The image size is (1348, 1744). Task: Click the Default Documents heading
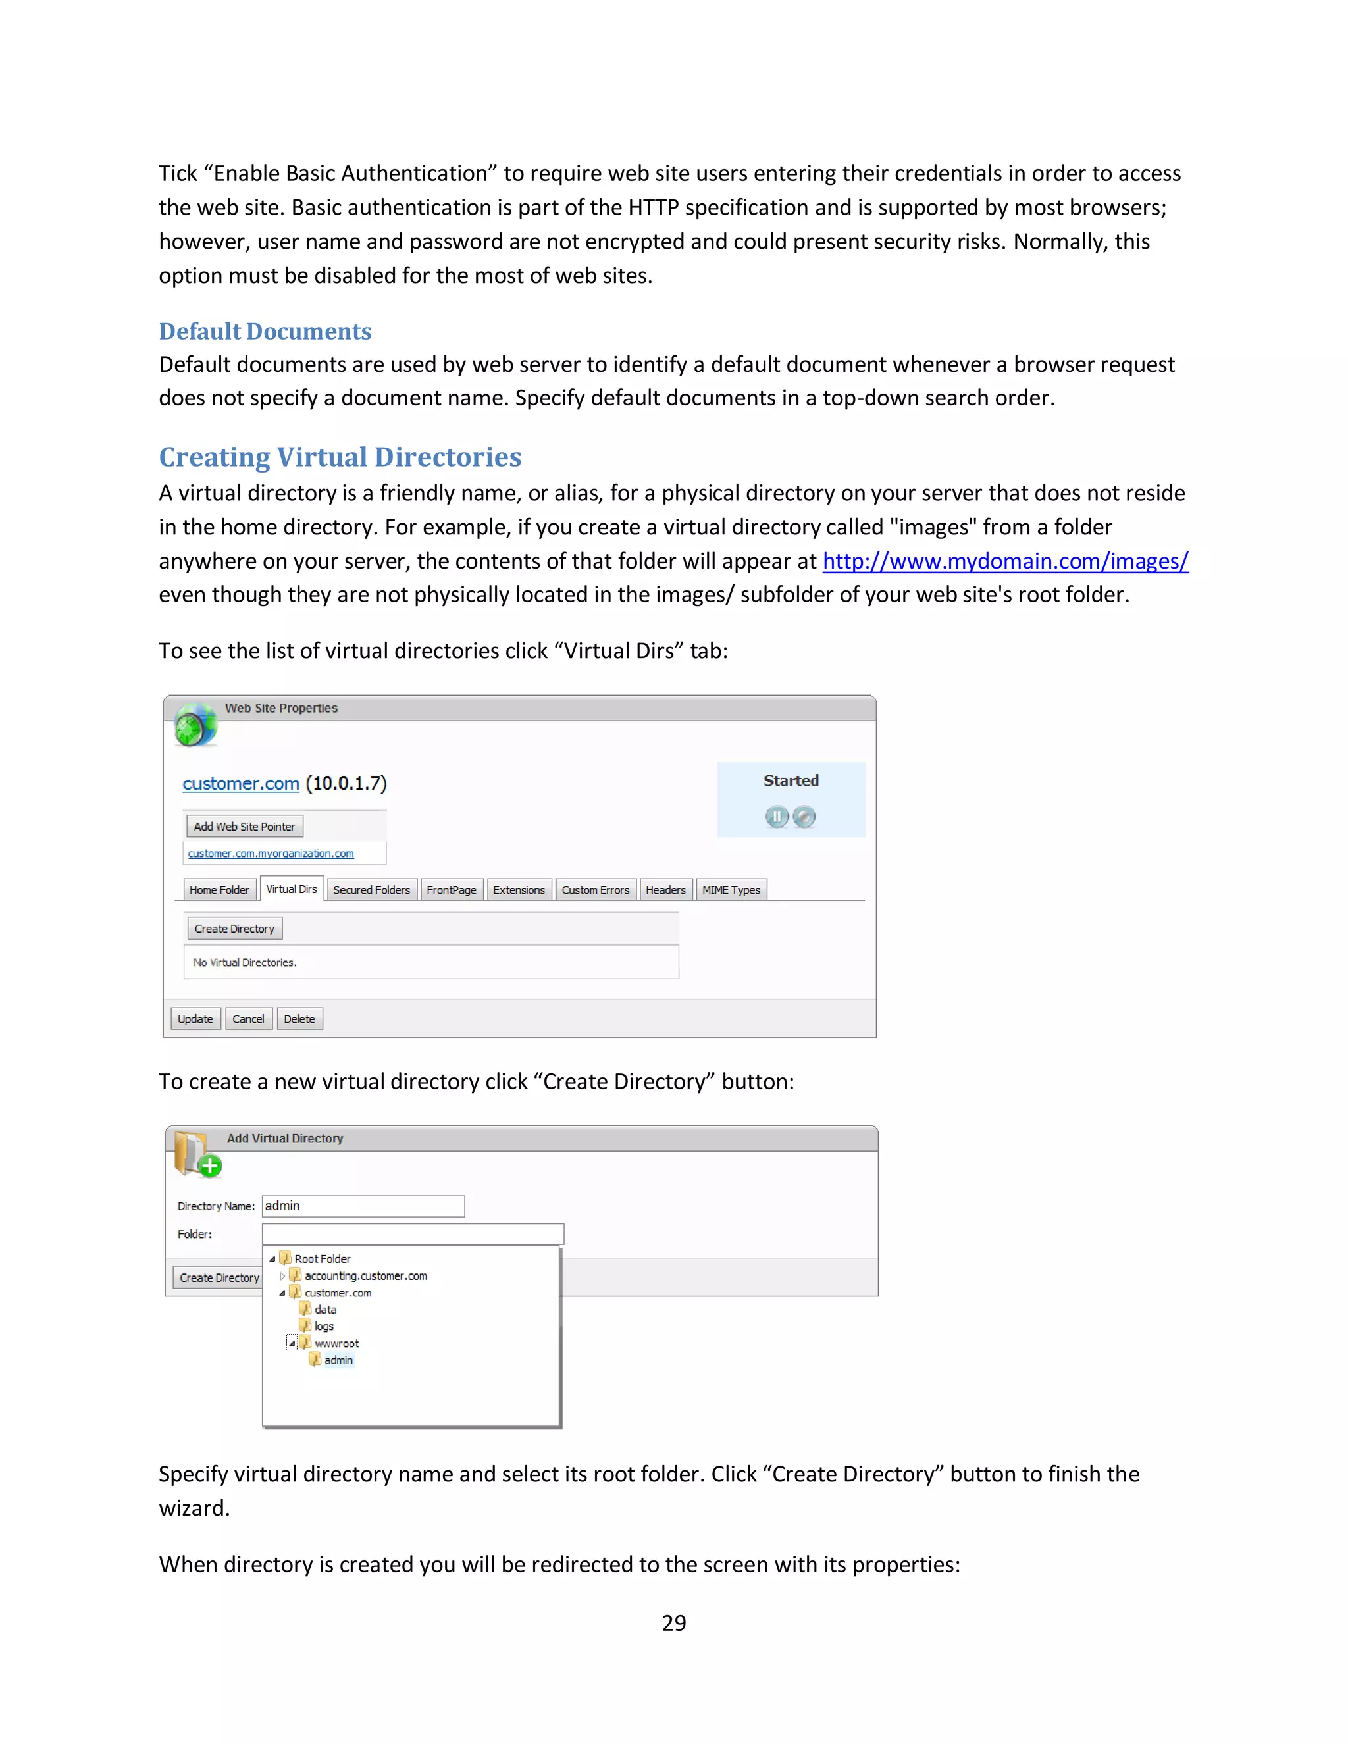point(265,332)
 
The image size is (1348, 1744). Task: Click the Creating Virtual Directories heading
point(340,457)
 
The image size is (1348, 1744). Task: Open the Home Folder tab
point(219,890)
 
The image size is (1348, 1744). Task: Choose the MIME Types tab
point(731,890)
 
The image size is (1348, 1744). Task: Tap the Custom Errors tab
point(595,890)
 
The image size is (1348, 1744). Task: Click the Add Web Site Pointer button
point(244,827)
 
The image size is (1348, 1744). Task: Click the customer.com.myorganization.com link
point(271,854)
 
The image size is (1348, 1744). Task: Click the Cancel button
point(248,1019)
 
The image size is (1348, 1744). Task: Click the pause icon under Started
point(776,816)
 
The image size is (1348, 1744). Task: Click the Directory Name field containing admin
point(363,1206)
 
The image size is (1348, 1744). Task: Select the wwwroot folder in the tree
point(336,1343)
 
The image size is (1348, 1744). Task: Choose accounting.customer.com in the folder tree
point(365,1276)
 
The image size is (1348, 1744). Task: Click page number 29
point(674,1623)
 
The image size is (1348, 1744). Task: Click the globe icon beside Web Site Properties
point(195,725)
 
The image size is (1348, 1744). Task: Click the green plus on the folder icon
point(210,1166)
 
